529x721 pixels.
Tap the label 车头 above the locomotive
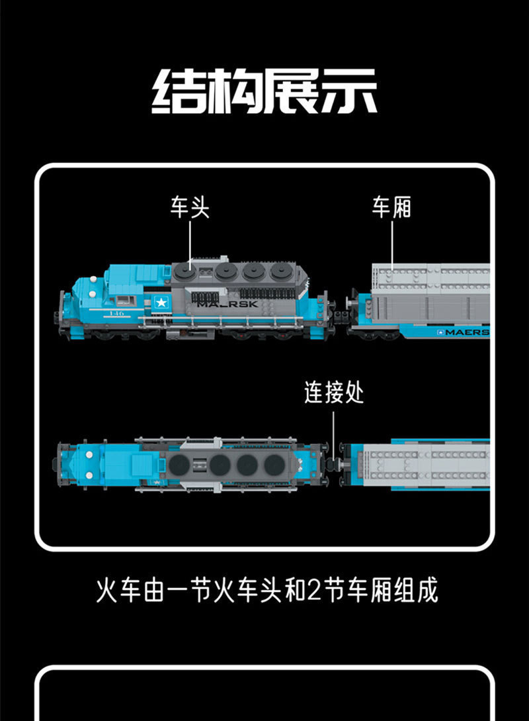pos(190,207)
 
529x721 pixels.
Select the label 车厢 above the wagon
pos(391,207)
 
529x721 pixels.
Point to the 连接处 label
pos(334,393)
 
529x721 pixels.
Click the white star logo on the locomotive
pos(161,303)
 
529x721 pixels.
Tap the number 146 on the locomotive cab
pos(117,312)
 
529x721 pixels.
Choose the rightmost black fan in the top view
pos(273,464)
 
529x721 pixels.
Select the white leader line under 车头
pos(190,242)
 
